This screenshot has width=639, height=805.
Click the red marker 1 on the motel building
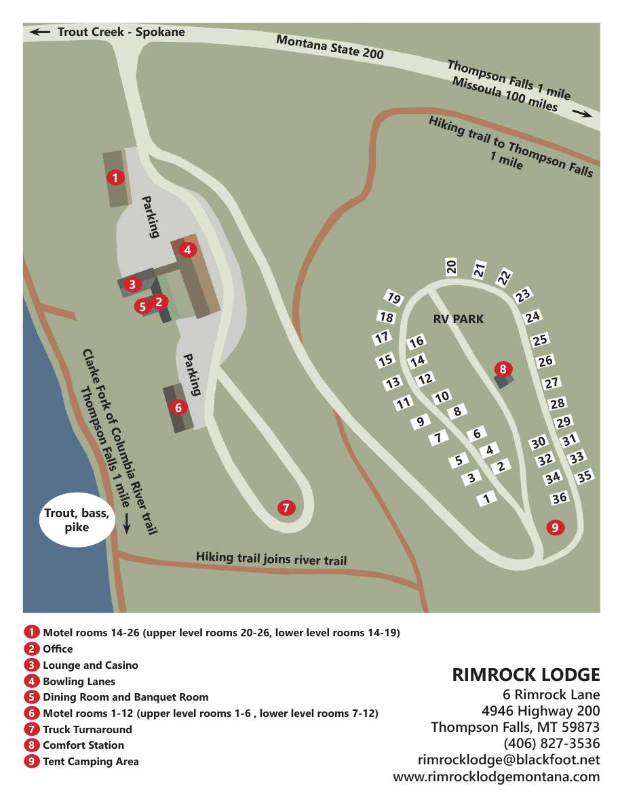(116, 178)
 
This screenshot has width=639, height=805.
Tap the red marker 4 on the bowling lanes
(188, 249)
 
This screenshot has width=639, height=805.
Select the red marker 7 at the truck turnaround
(286, 508)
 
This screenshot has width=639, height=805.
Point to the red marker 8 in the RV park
(503, 369)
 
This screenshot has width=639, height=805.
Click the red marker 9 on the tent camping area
(555, 527)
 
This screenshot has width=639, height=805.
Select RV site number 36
(560, 498)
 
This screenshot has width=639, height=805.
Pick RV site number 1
(485, 499)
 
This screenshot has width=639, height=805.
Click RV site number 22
(504, 277)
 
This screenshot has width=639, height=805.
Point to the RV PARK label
(459, 318)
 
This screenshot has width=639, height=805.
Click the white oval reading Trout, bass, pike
(77, 520)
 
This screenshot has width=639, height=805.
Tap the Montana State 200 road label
(330, 47)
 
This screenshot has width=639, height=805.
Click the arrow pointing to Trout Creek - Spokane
(39, 31)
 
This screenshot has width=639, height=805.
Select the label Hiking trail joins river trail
(271, 558)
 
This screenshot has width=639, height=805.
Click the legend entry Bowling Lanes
(79, 681)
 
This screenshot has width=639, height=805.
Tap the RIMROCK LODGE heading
(526, 675)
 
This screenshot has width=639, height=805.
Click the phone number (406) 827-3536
(551, 744)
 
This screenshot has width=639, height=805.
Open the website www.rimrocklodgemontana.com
(497, 777)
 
